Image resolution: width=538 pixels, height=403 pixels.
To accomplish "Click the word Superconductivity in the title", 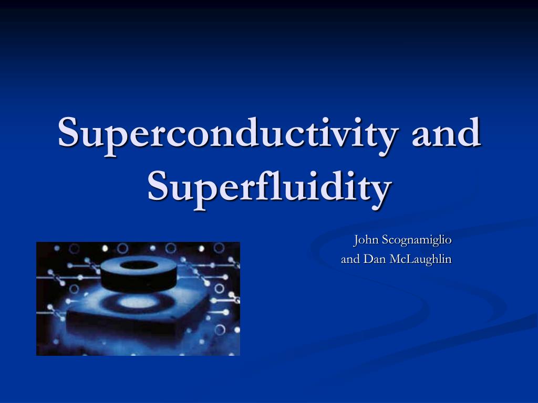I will tap(227, 133).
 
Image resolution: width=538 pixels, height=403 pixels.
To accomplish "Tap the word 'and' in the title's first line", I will tap(446, 133).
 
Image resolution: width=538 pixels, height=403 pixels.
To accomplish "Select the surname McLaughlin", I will tap(421, 259).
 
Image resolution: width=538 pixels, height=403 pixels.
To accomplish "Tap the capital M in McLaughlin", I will tap(396, 259).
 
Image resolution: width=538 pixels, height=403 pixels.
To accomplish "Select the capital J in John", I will tap(356, 240).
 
